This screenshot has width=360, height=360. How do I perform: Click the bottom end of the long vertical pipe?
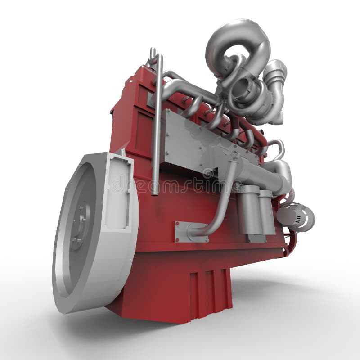[155, 191]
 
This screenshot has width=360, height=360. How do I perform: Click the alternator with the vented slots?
[297, 217]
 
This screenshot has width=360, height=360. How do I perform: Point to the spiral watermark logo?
[208, 173]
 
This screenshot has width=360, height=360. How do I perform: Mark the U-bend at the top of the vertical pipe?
[153, 56]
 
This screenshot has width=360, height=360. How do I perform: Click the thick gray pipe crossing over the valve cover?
[189, 90]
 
